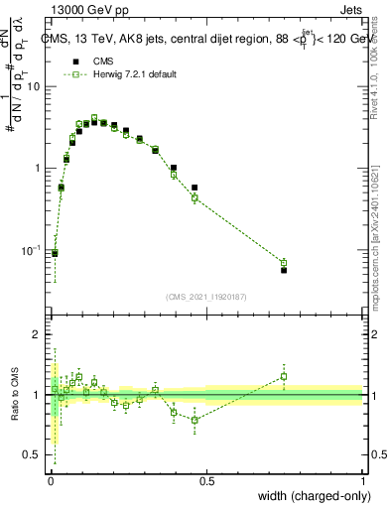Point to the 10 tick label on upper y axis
34,86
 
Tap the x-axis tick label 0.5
206,481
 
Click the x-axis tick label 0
50,481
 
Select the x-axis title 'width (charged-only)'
313,496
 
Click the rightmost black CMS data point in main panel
284,270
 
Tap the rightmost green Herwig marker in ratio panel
284,376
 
